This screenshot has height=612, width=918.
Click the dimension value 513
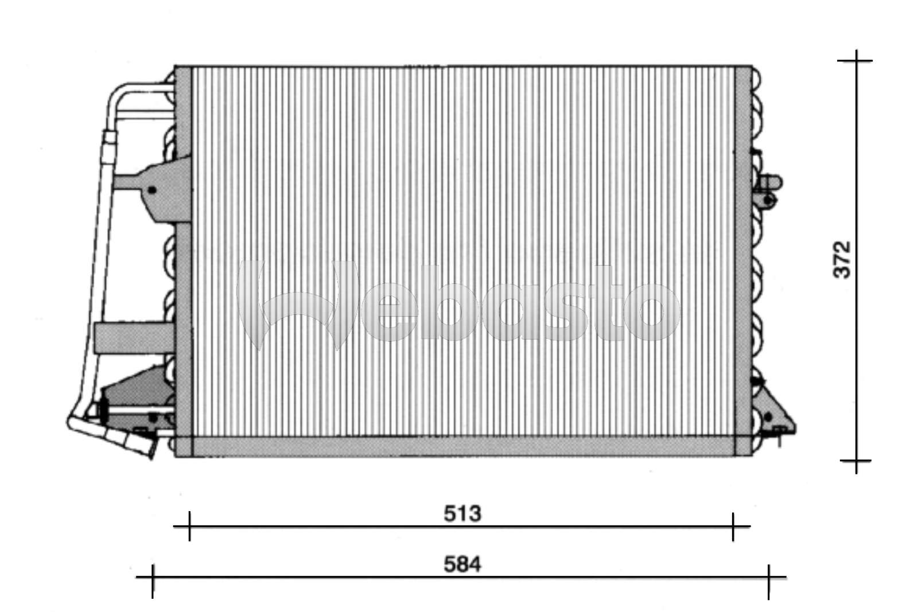click(462, 514)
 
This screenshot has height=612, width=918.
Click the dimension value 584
click(462, 565)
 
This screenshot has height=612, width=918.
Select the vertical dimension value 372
click(842, 260)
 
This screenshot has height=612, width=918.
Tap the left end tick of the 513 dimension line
click(189, 526)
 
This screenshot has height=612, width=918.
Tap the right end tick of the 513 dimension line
click(733, 526)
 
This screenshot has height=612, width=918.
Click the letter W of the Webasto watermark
click(298, 304)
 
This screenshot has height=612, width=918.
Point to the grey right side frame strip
click(742, 258)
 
